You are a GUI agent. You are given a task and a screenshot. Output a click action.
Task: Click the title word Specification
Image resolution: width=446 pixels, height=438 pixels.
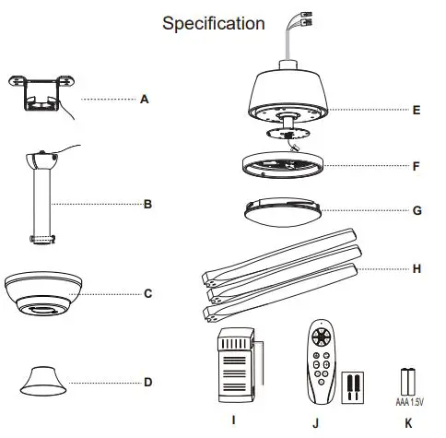213,23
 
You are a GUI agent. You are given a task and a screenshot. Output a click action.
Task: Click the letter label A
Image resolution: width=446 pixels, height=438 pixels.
144,99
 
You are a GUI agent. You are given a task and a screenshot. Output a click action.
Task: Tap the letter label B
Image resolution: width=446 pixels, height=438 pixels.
147,205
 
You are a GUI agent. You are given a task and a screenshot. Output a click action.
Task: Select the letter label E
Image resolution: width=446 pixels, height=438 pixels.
417,110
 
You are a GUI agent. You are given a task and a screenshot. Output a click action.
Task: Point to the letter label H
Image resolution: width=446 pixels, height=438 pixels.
417,268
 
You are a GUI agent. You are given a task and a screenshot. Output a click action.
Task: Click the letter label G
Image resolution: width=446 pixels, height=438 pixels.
417,209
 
